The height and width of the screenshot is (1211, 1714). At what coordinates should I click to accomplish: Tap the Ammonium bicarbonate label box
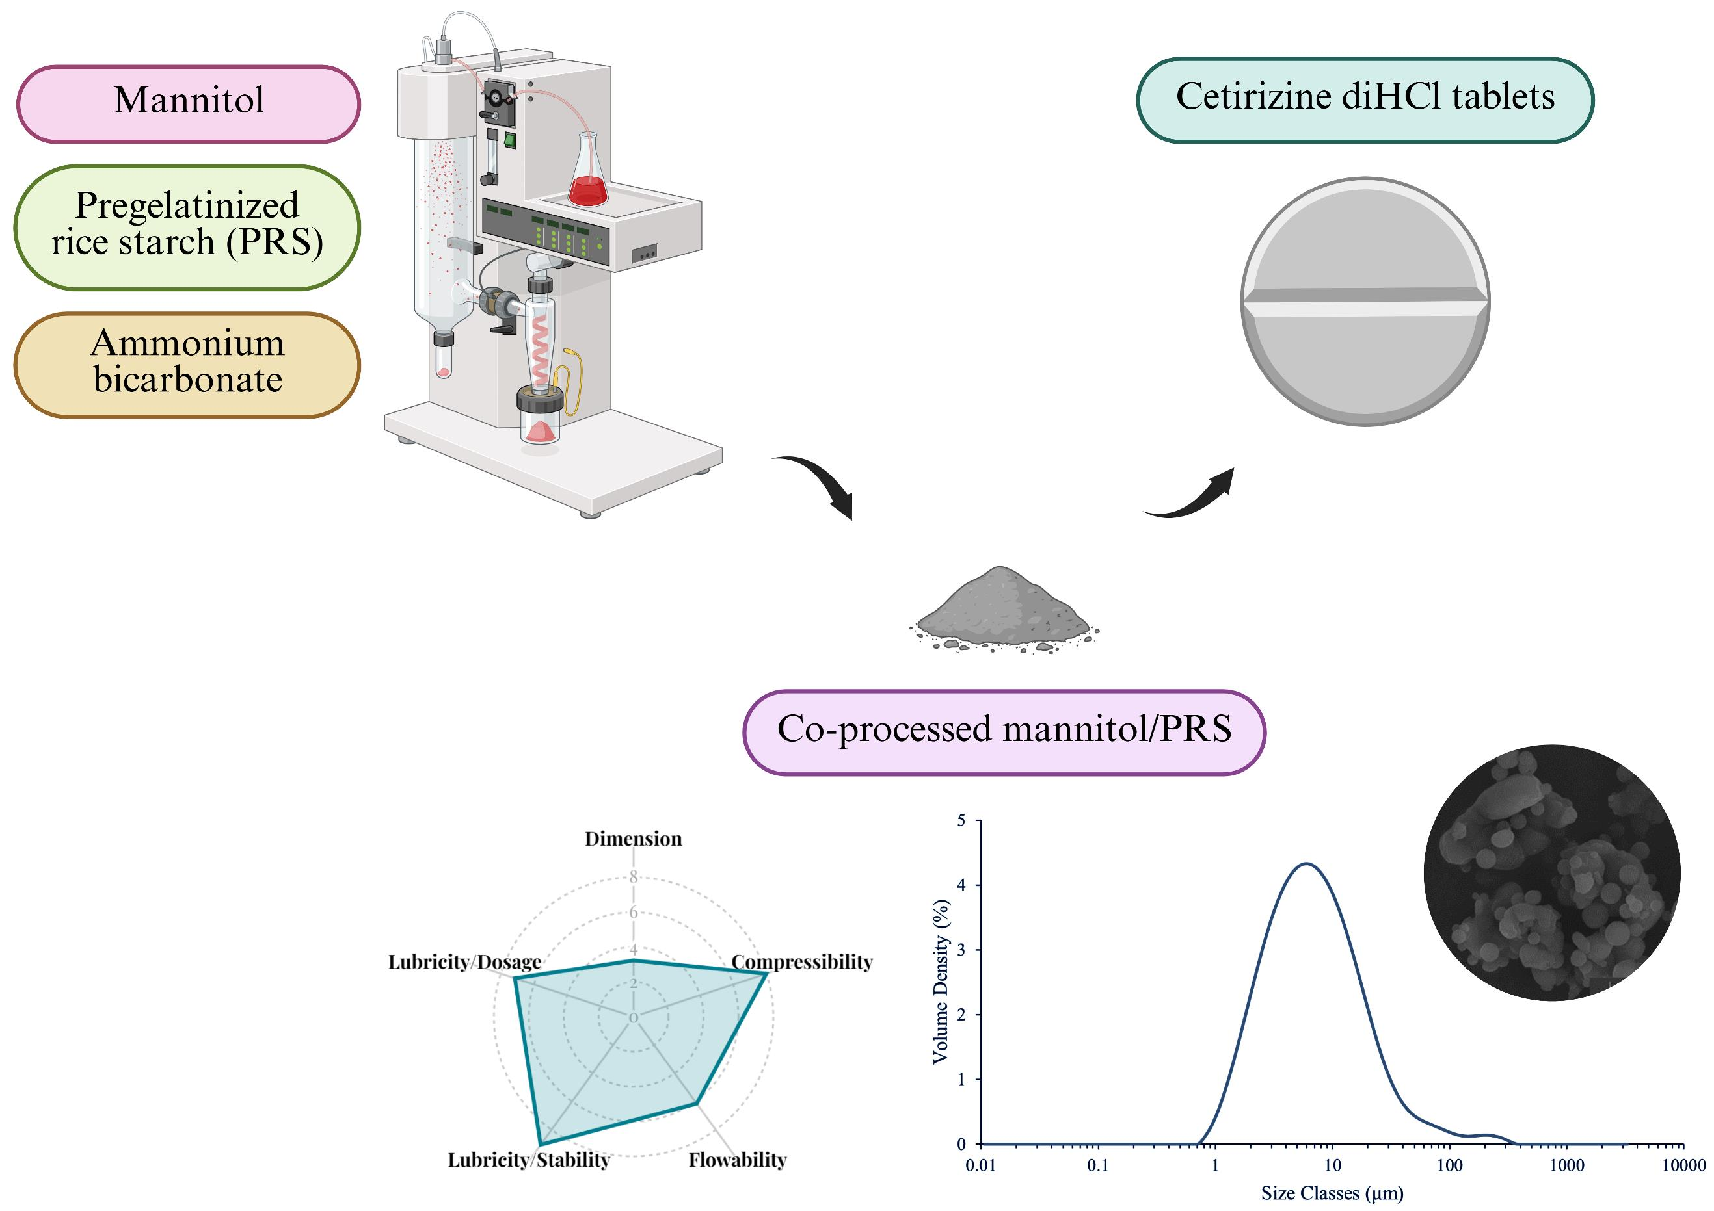pos(187,365)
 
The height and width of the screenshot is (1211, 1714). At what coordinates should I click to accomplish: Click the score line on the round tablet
pos(1365,302)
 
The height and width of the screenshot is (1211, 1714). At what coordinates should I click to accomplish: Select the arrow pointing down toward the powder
pos(821,485)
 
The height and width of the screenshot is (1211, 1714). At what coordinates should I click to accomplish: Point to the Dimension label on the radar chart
pos(633,839)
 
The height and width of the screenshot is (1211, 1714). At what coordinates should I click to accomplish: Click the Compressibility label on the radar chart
pos(802,963)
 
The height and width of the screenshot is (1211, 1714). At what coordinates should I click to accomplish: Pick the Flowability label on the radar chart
pos(738,1160)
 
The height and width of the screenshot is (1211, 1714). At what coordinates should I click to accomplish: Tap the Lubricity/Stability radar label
pos(529,1160)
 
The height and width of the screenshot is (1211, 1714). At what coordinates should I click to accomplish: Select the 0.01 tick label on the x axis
pos(980,1165)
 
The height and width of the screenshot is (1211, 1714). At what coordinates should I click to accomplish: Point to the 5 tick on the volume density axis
pos(961,822)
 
